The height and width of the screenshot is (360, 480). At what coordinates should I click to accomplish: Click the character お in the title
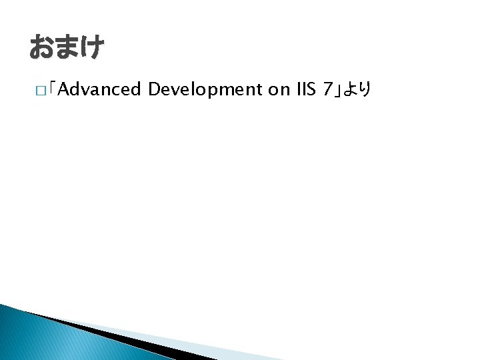coord(41,47)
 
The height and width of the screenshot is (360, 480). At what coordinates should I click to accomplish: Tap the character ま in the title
coord(67,47)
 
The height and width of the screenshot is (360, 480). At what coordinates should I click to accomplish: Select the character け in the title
coord(92,47)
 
